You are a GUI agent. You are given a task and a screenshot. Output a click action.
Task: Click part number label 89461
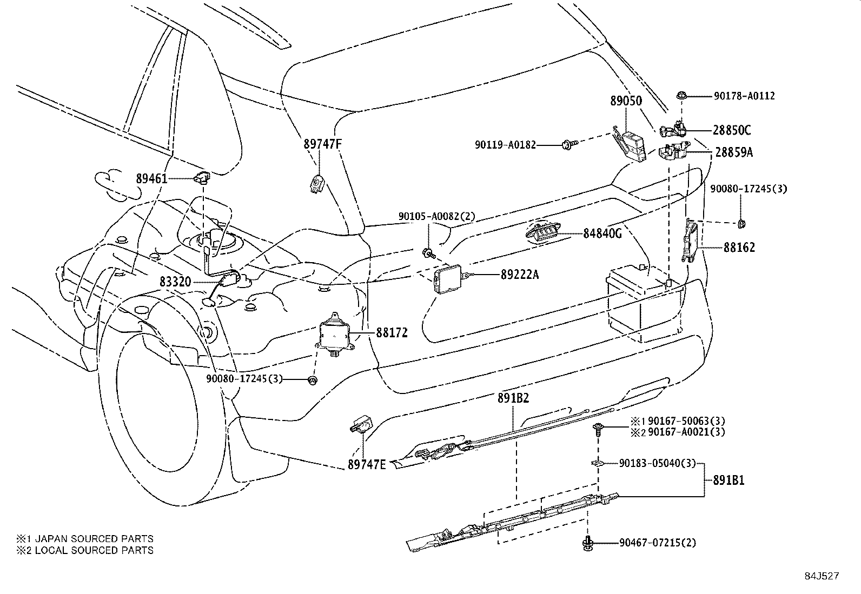152,179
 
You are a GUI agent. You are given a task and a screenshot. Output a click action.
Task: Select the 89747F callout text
323,144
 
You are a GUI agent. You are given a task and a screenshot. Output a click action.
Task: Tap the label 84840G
602,233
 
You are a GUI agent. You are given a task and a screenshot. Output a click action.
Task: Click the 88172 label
392,332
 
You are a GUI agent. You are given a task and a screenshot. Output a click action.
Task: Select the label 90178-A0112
744,96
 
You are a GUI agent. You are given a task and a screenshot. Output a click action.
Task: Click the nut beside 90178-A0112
681,96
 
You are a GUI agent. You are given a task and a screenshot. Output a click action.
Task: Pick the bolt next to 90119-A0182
568,144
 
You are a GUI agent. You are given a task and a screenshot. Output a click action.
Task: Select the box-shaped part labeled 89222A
448,277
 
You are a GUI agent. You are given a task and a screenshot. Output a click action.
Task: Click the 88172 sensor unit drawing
333,334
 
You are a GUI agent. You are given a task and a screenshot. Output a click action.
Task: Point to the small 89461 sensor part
202,177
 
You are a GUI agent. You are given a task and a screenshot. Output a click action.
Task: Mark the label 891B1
728,480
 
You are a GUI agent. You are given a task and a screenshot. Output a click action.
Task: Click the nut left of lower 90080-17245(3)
312,380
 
